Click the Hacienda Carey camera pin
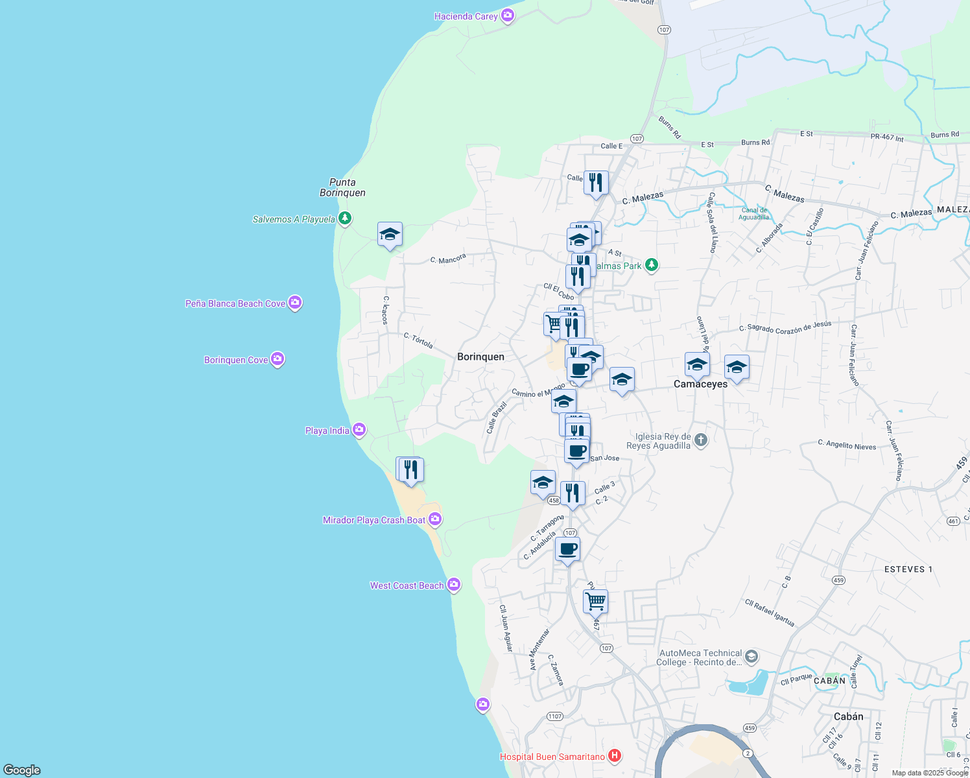coord(508,16)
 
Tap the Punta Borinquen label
coord(342,187)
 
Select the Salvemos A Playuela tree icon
coord(345,218)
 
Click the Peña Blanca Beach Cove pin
coord(295,303)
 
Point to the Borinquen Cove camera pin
coord(278,359)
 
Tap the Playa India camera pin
coord(359,430)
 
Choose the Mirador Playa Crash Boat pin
coord(435,519)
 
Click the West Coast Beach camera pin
coord(454,585)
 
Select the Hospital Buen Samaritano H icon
coord(615,756)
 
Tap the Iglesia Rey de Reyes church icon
coord(700,441)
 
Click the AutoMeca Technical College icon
coord(751,657)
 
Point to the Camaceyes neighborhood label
coord(700,384)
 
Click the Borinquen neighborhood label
coord(480,357)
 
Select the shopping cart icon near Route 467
coord(595,600)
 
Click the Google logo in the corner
coord(22,770)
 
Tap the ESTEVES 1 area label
coord(908,569)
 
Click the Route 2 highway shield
coord(748,753)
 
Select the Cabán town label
coord(848,716)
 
